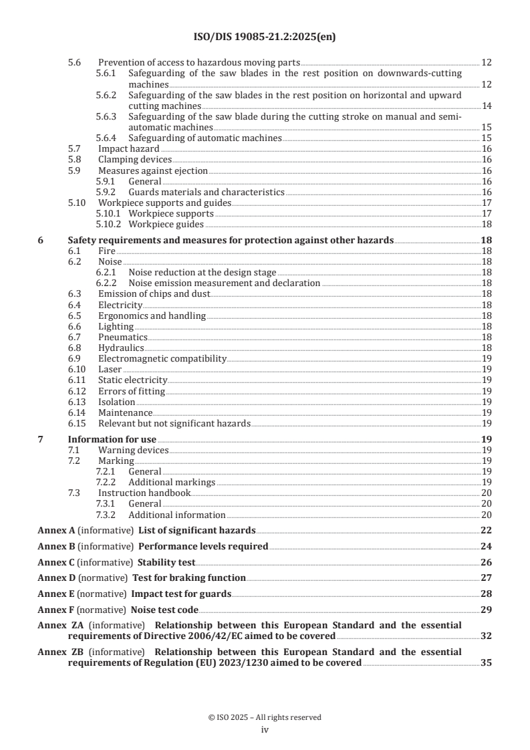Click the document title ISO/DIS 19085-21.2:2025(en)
pos(265,37)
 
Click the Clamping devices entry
pos(135,160)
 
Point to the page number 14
pos(487,106)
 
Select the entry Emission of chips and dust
pos(154,293)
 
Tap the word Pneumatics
pos(123,337)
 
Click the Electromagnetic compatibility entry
pos(162,358)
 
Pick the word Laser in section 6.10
pos(110,369)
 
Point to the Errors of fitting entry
pos(132,390)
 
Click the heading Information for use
pos(112,439)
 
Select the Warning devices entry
pos(134,450)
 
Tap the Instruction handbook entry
pos(144,493)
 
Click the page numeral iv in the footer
pos(265,730)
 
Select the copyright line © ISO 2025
pos(265,717)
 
